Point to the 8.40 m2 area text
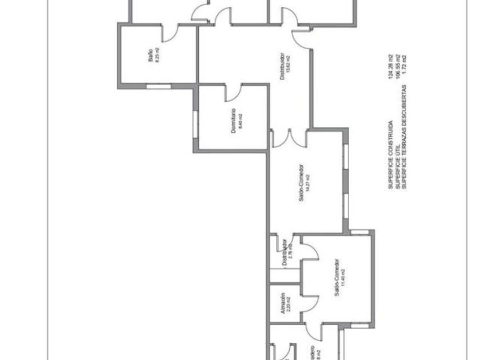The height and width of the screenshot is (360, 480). coord(241,121)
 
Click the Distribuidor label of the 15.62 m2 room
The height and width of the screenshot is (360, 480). coord(282,67)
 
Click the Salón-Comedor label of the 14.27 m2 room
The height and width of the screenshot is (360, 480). coord(301,182)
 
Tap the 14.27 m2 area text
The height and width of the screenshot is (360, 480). coord(308,182)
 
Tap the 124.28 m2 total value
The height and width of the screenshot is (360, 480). coord(390,67)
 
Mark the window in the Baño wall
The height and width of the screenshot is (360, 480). coord(158,87)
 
